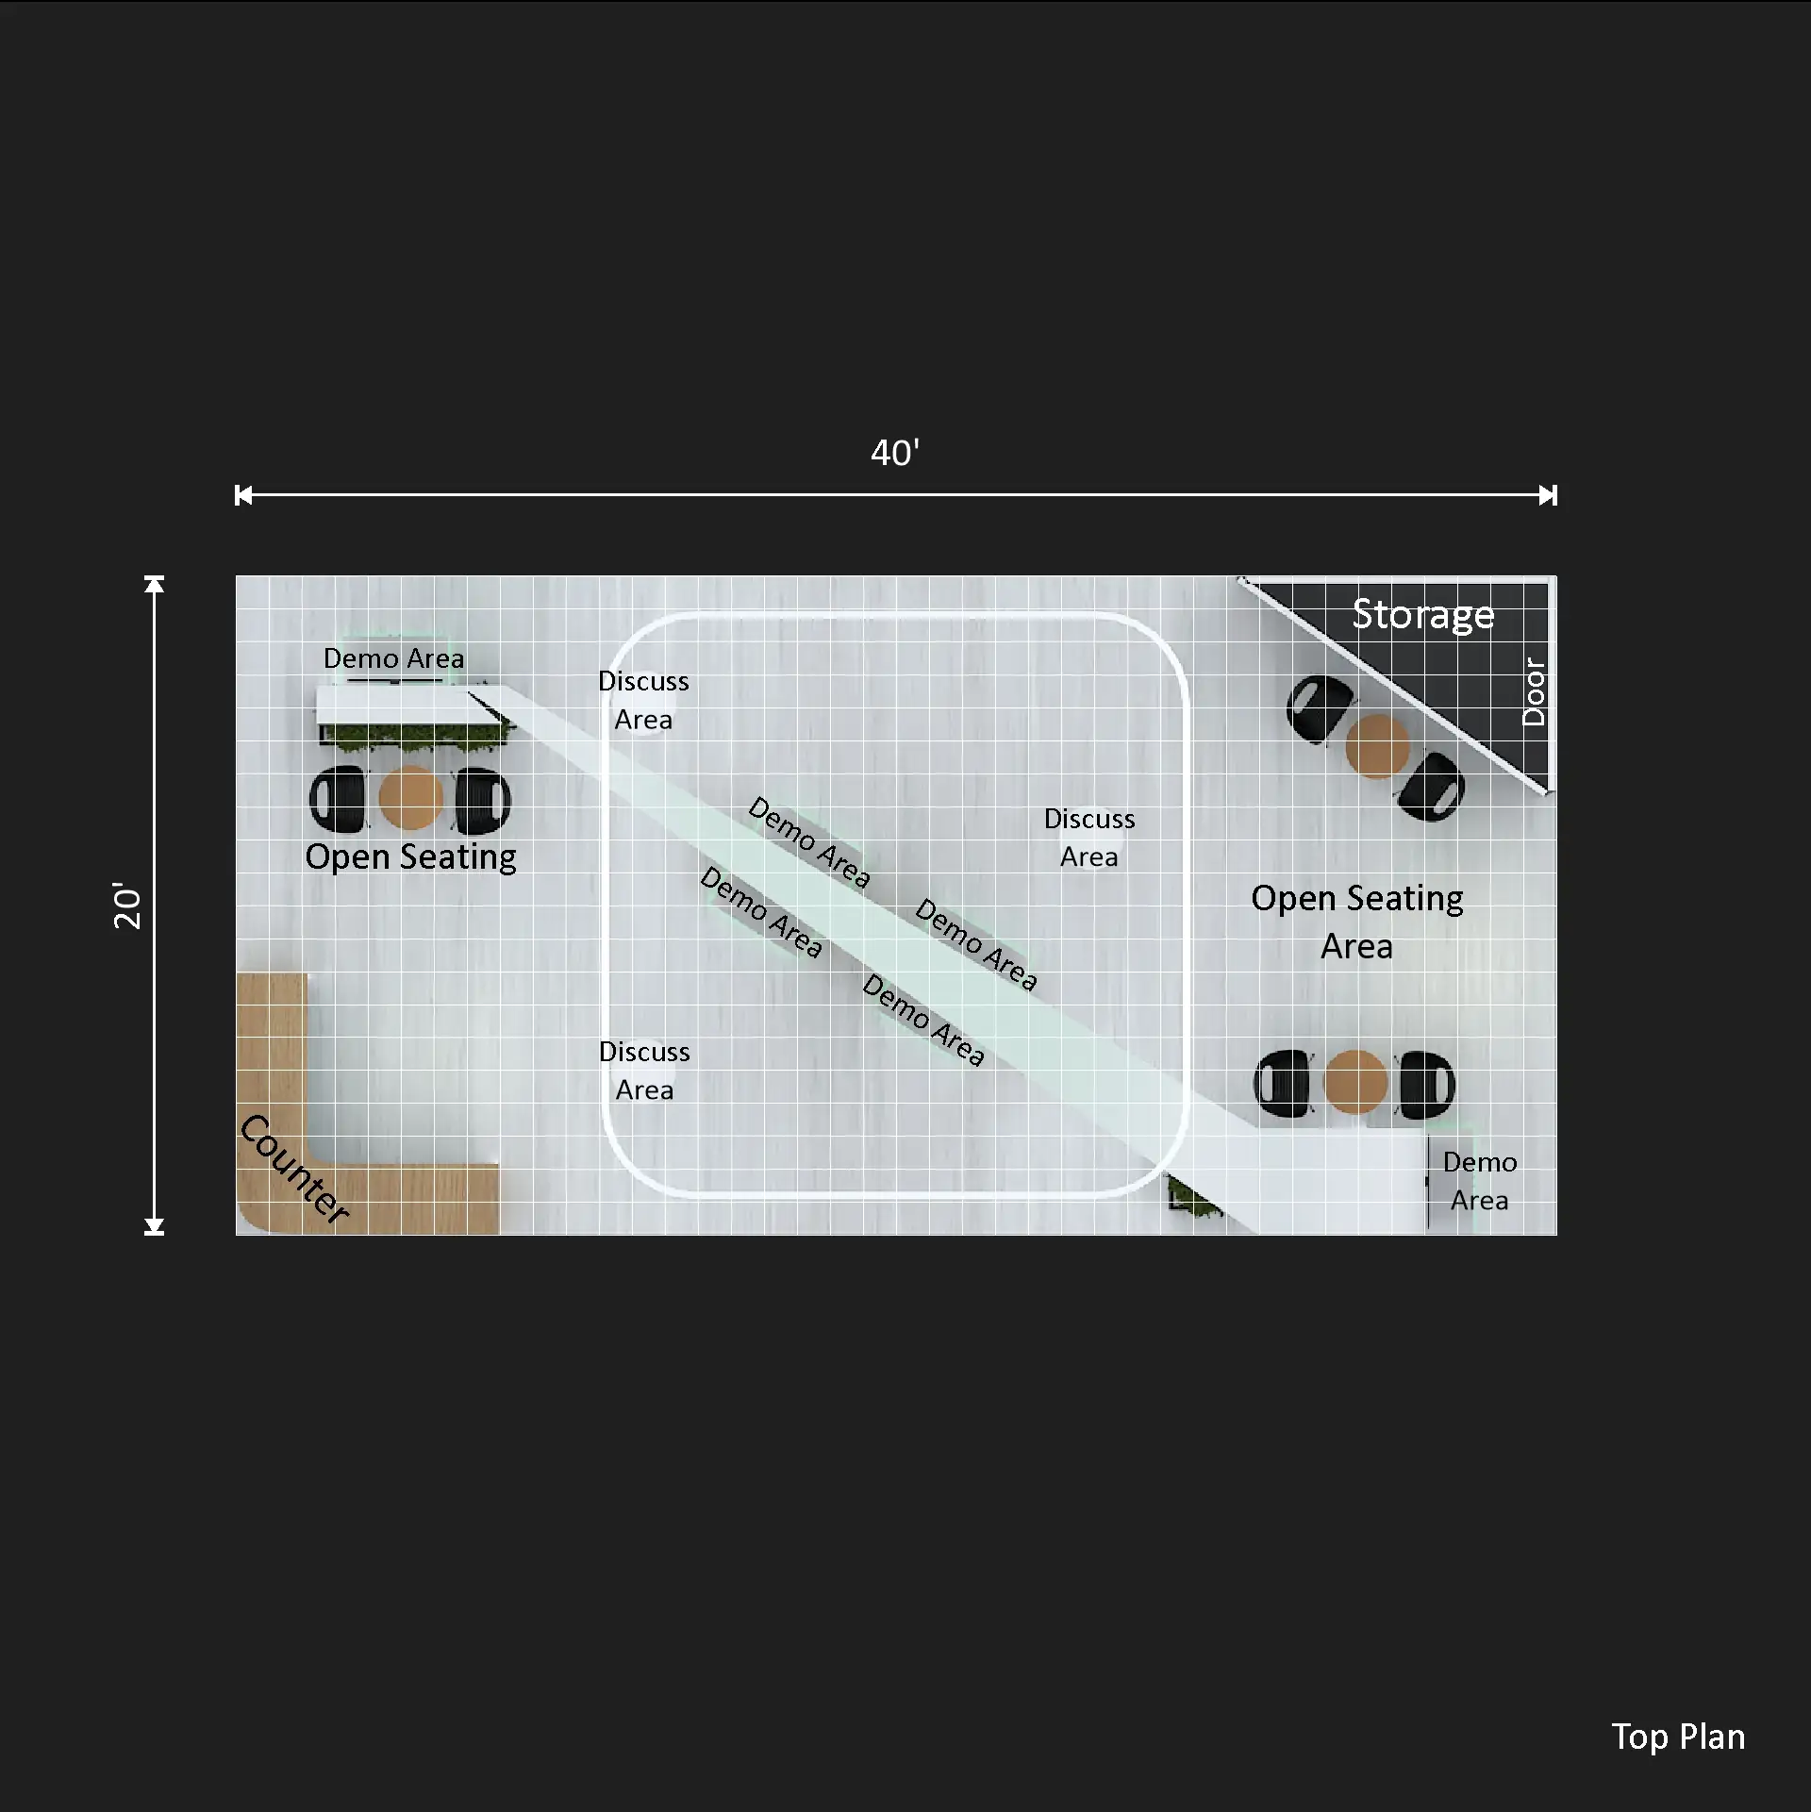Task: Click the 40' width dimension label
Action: click(x=894, y=453)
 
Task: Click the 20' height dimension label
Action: click(x=127, y=906)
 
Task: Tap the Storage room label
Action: click(x=1423, y=615)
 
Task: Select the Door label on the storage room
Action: click(x=1535, y=691)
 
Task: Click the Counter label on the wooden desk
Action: click(x=294, y=1169)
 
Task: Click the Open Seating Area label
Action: click(x=1357, y=922)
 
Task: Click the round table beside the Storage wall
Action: click(x=1377, y=746)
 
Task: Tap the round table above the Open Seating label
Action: click(x=410, y=798)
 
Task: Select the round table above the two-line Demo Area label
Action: click(x=1355, y=1082)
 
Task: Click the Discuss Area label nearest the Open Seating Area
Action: click(x=1089, y=838)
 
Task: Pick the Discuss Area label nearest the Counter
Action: click(x=644, y=1071)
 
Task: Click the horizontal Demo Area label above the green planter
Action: click(x=393, y=658)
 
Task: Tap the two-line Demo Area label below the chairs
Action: click(x=1480, y=1181)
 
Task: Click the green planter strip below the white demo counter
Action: click(x=415, y=737)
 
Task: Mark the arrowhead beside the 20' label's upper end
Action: click(x=155, y=584)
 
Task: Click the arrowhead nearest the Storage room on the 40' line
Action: click(x=1548, y=495)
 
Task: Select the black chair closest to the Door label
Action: click(x=1432, y=786)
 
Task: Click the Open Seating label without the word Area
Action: click(x=410, y=857)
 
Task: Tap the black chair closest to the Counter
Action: click(x=338, y=800)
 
